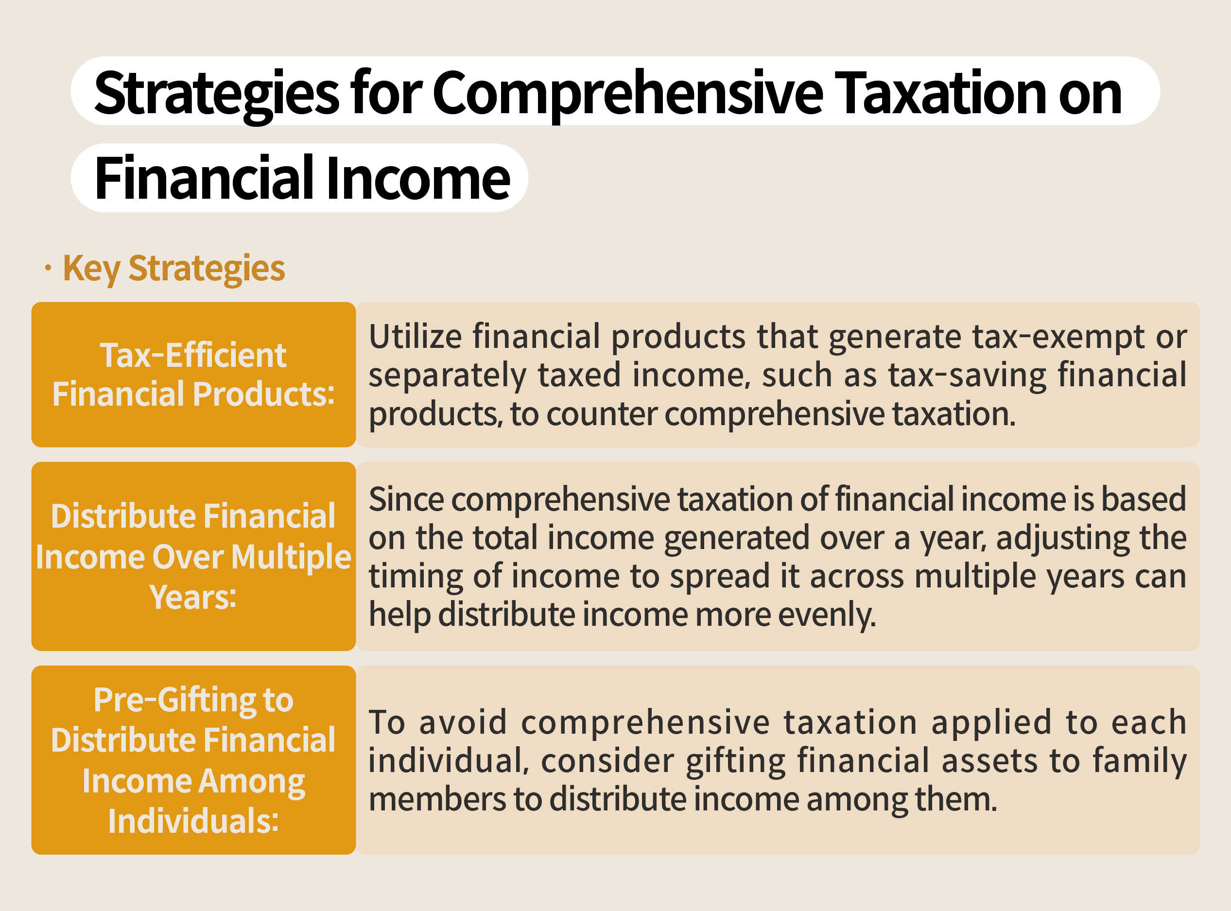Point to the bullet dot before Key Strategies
click(48, 269)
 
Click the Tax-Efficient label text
click(193, 355)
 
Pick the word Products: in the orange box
click(263, 395)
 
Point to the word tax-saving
click(967, 375)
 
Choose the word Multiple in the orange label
click(291, 557)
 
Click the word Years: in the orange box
click(193, 597)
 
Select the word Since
click(405, 499)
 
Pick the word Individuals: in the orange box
click(193, 821)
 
